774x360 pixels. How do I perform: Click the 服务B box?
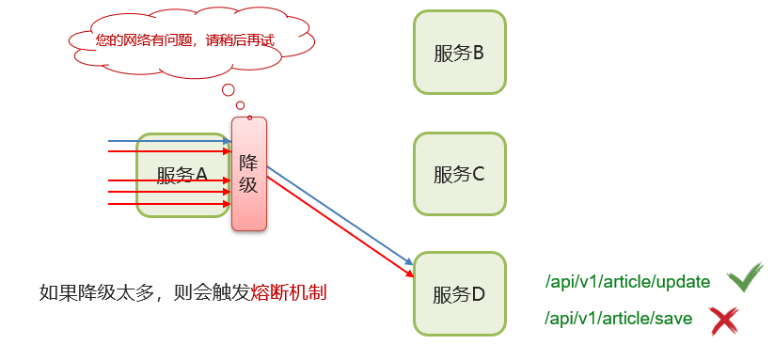[459, 53]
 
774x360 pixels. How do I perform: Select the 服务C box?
[459, 174]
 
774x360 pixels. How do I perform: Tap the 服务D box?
[459, 294]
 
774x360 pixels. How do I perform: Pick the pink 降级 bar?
[249, 174]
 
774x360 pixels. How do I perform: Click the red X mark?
[723, 321]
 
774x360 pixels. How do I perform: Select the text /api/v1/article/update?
[622, 282]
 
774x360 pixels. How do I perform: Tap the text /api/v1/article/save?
[618, 320]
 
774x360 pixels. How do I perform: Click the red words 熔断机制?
[289, 292]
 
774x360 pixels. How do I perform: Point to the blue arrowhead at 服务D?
[410, 262]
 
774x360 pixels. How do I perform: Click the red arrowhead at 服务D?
[410, 274]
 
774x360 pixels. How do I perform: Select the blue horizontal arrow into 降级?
[169, 142]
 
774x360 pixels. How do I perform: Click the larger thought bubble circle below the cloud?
[228, 90]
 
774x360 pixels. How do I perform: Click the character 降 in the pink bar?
[248, 162]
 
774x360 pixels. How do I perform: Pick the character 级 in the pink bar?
[248, 185]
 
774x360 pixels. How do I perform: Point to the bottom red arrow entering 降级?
[169, 202]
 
